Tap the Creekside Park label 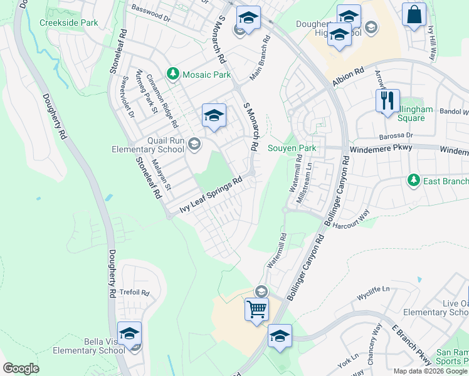pyautogui.click(x=69, y=23)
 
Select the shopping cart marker pyautogui.click(x=256, y=309)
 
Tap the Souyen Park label pyautogui.click(x=292, y=149)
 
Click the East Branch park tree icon pyautogui.click(x=413, y=180)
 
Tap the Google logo pyautogui.click(x=21, y=368)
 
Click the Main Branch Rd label pyautogui.click(x=259, y=58)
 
